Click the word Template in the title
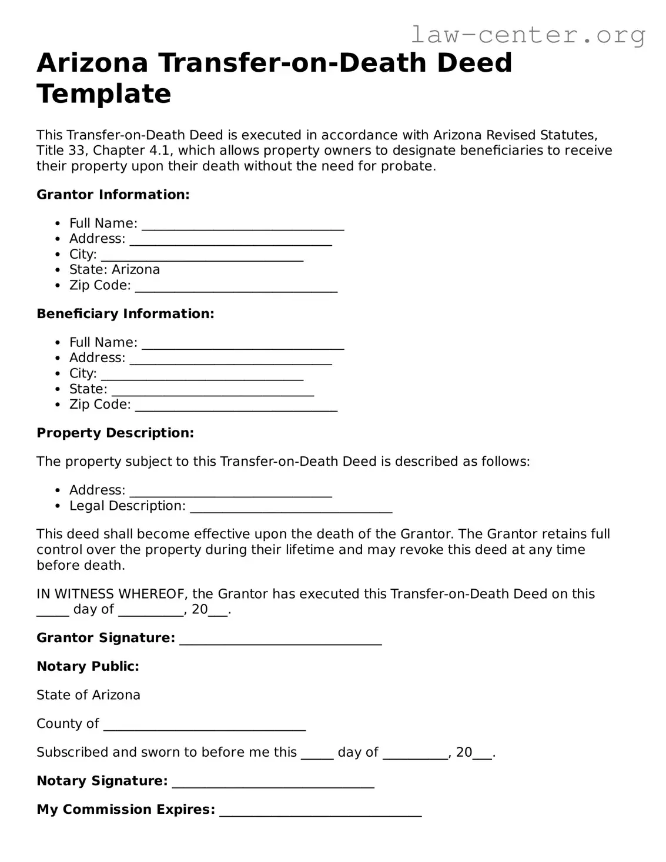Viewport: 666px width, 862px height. pyautogui.click(x=104, y=93)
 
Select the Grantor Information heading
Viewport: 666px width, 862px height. pyautogui.click(x=113, y=195)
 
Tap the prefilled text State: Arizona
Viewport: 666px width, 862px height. pyautogui.click(x=115, y=270)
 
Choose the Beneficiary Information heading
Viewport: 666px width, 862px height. pyautogui.click(x=125, y=314)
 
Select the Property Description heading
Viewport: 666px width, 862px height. pyautogui.click(x=115, y=433)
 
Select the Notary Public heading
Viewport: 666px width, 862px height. pyautogui.click(x=88, y=667)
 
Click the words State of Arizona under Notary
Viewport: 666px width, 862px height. pyautogui.click(x=88, y=695)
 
